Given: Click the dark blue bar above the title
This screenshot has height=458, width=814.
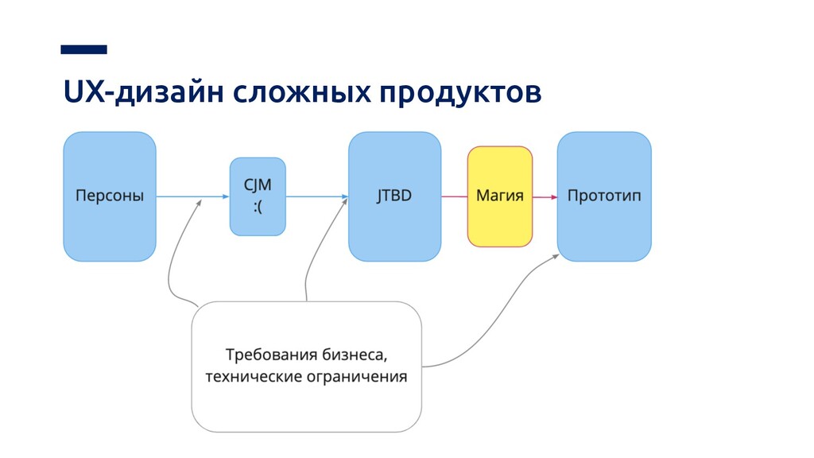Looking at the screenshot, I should (83, 49).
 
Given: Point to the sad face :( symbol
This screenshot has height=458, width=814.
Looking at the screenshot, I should (258, 208).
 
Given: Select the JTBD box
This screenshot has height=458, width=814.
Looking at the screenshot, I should (394, 196).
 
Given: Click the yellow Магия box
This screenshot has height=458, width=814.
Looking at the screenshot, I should (499, 196).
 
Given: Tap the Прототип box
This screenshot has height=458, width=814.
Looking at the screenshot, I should (604, 196).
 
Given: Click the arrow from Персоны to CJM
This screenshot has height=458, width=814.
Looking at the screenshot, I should (191, 196).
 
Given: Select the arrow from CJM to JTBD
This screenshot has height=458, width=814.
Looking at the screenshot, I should (316, 196).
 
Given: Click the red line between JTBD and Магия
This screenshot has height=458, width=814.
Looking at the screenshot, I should (454, 196).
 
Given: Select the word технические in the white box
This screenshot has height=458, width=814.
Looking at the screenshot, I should (246, 377).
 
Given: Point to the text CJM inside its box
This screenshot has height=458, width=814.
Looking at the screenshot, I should (258, 185).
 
